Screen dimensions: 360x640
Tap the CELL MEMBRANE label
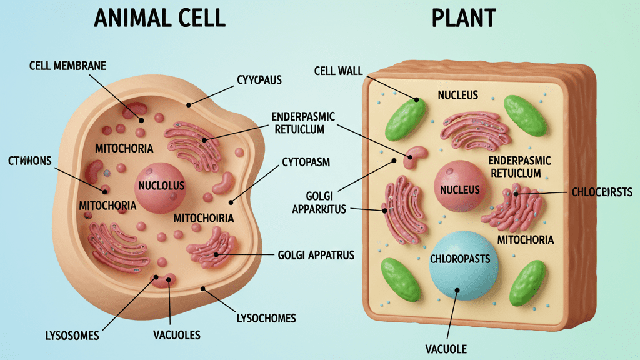pyautogui.click(x=67, y=66)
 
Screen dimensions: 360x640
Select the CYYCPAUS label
pyautogui.click(x=259, y=80)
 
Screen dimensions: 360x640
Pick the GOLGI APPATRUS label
pyautogui.click(x=315, y=255)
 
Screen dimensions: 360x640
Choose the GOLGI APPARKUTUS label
pyautogui.click(x=319, y=202)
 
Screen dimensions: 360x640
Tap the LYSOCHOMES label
pyautogui.click(x=266, y=318)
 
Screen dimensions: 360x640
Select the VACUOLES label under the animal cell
pyautogui.click(x=177, y=336)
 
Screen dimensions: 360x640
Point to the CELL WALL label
pyautogui.click(x=338, y=71)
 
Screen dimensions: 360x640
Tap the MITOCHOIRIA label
pyautogui.click(x=203, y=218)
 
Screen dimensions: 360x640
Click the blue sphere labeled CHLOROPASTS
pyautogui.click(x=464, y=266)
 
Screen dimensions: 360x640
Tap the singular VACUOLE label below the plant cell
pyautogui.click(x=446, y=349)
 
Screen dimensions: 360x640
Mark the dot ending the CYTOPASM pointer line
pyautogui.click(x=231, y=202)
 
